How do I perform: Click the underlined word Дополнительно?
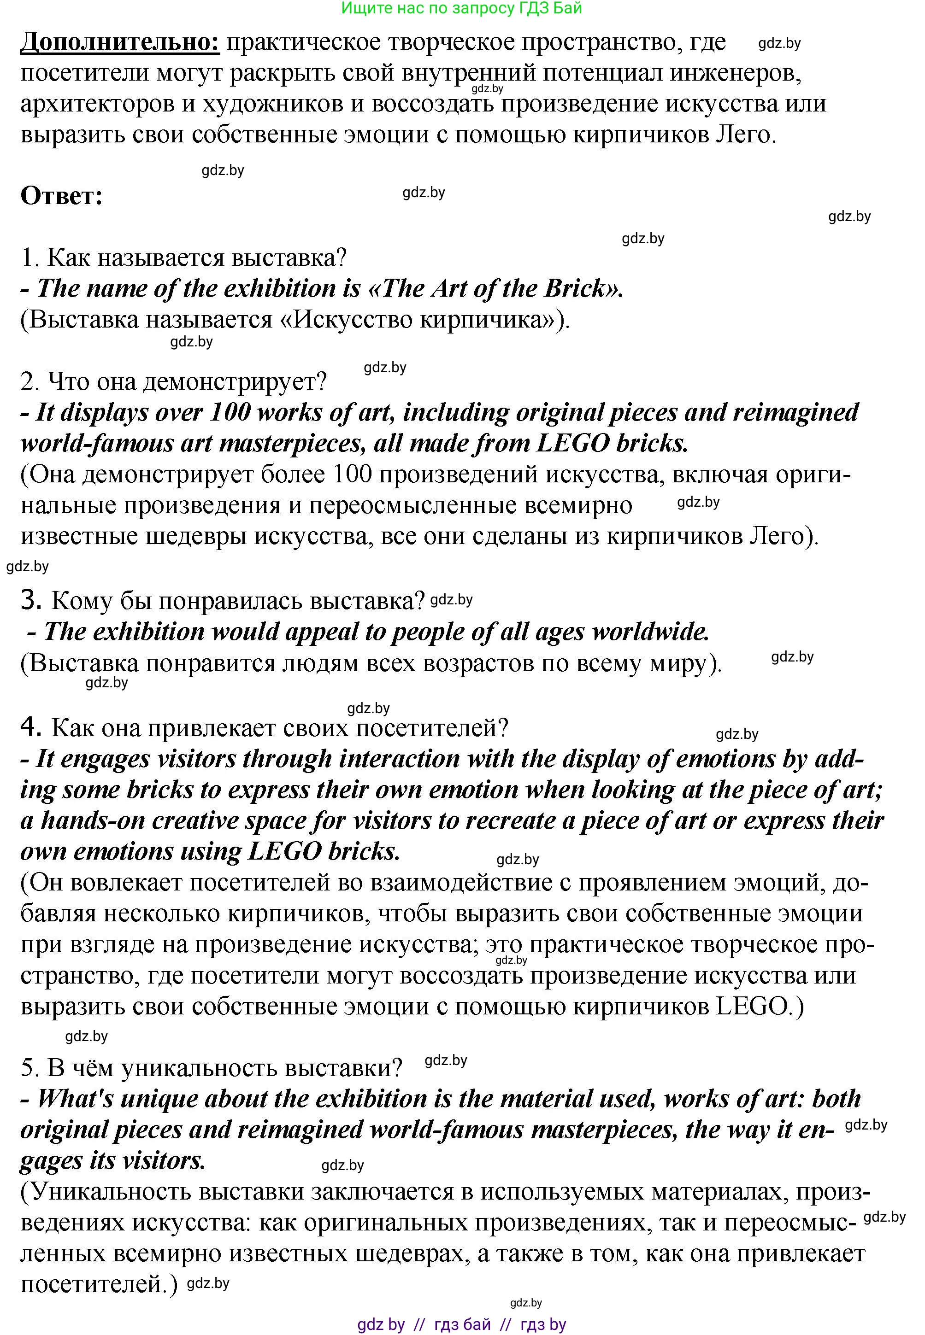(120, 42)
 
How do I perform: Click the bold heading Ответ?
(61, 196)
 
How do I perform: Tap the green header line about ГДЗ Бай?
(461, 8)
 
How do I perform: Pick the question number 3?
(31, 601)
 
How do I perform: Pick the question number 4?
(31, 727)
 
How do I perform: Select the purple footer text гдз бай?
(462, 1324)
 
